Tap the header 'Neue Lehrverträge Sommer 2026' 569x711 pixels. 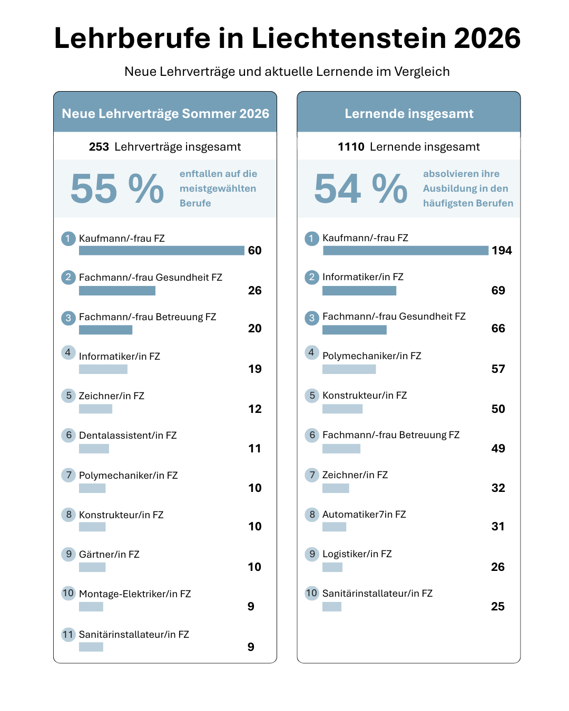pyautogui.click(x=165, y=113)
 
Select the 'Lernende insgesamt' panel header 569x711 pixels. pyautogui.click(x=409, y=113)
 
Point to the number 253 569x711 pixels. pyautogui.click(x=99, y=146)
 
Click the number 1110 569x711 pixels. pyautogui.click(x=351, y=146)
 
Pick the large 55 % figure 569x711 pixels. pyautogui.click(x=117, y=189)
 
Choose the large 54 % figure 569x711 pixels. pyautogui.click(x=361, y=189)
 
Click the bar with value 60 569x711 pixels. pyautogui.click(x=162, y=250)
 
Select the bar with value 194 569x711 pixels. pyautogui.click(x=405, y=250)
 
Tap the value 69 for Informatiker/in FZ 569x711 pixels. pyautogui.click(x=498, y=290)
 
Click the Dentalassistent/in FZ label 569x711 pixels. pyautogui.click(x=127, y=435)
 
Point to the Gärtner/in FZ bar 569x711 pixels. pyautogui.click(x=92, y=567)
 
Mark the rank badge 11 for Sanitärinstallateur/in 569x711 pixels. pyautogui.click(x=68, y=634)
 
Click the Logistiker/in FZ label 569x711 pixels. pyautogui.click(x=357, y=554)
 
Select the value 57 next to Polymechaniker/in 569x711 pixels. pyautogui.click(x=498, y=369)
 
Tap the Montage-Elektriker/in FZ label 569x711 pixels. pyautogui.click(x=135, y=594)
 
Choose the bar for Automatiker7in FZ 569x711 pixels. pyautogui.click(x=334, y=527)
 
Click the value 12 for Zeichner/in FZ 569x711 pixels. pyautogui.click(x=255, y=409)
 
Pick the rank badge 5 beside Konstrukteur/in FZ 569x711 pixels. pyautogui.click(x=312, y=396)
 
